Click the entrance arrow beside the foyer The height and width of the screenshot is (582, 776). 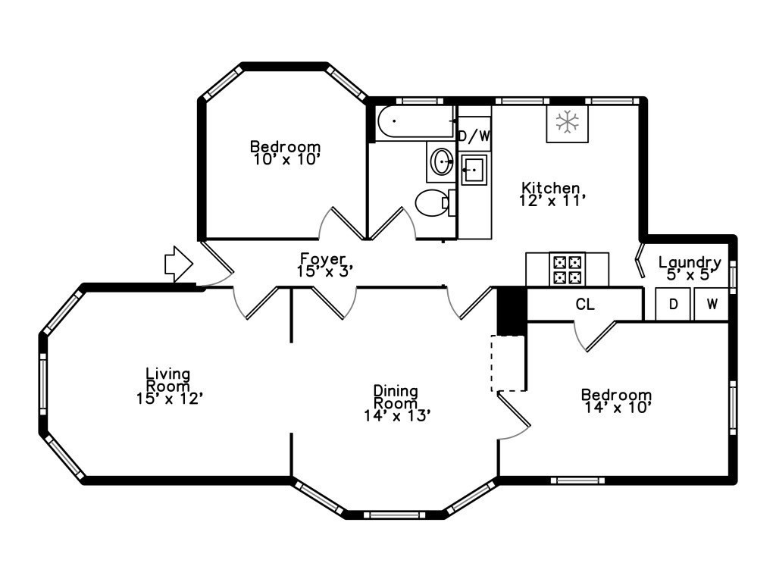179,264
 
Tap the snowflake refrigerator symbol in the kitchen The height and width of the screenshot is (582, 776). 567,122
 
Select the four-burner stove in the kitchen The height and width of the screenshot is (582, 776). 568,269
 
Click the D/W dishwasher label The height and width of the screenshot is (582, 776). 474,136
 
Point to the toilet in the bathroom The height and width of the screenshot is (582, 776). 433,203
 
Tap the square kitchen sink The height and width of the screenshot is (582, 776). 474,170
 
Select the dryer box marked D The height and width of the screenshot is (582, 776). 672,305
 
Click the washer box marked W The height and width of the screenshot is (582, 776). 712,305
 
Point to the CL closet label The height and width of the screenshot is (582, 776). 585,305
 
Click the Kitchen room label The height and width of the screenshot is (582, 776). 550,188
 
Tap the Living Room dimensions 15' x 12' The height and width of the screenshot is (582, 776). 169,398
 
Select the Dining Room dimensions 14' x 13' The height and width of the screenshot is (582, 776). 396,415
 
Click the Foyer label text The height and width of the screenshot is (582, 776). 324,258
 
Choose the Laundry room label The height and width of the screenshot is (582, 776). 689,263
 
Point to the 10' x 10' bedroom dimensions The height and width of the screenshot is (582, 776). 286,160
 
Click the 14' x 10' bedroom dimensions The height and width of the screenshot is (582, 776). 616,407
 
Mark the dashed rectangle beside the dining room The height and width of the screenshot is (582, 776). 508,363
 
